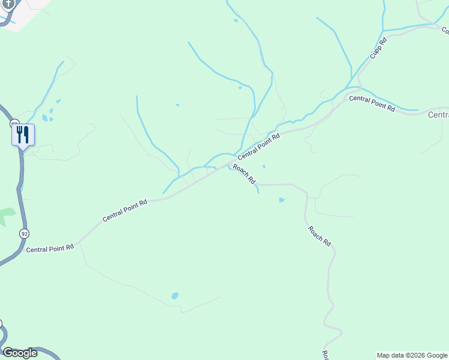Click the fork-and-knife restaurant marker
click(x=23, y=134)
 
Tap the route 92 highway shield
click(x=23, y=233)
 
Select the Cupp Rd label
click(x=378, y=47)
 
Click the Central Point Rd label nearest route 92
click(x=50, y=248)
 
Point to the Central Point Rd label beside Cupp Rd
click(x=372, y=103)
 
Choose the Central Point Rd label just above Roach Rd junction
click(x=259, y=145)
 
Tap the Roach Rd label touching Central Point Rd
click(x=244, y=174)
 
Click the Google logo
click(x=20, y=353)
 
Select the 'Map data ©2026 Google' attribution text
click(x=412, y=355)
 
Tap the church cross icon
click(x=8, y=3)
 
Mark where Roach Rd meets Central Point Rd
click(x=228, y=163)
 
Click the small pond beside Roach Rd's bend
click(x=282, y=200)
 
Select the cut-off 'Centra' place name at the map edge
click(x=438, y=115)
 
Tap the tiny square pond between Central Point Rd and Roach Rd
click(x=264, y=166)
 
